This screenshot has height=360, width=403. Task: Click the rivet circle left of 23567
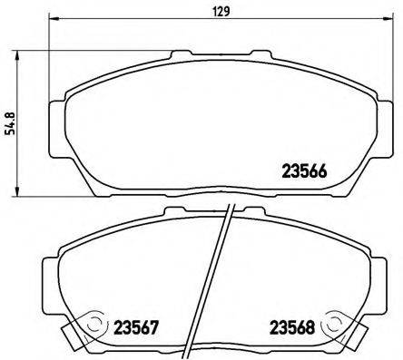pyautogui.click(x=92, y=324)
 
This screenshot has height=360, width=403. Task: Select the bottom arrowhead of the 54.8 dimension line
pyautogui.click(x=20, y=185)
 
